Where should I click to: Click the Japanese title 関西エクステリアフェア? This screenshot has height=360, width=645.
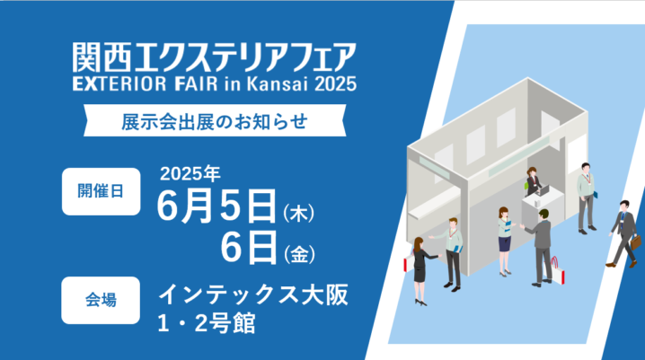(214, 57)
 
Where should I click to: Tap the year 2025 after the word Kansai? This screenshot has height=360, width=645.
(336, 83)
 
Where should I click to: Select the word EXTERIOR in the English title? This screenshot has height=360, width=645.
(119, 83)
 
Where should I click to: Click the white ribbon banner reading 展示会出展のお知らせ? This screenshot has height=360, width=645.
(215, 120)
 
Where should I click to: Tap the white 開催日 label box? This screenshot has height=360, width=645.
(102, 191)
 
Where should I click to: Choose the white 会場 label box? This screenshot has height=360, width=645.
(101, 300)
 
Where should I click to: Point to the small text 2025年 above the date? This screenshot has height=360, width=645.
(190, 174)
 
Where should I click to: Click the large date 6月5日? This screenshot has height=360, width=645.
(216, 206)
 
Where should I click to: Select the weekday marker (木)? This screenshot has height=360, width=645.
(298, 214)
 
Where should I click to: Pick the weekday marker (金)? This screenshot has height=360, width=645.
(299, 254)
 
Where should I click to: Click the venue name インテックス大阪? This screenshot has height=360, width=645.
(253, 294)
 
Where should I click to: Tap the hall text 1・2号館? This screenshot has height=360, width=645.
(207, 323)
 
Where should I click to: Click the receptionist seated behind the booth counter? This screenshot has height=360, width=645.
(533, 181)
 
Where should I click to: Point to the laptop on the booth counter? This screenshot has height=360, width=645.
(543, 190)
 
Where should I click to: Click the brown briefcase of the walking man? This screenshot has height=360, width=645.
(636, 241)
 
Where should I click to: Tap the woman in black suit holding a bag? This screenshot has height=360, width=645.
(421, 271)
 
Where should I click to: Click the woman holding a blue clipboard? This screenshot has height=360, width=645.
(505, 241)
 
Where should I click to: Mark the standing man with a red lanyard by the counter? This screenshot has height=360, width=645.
(586, 198)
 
